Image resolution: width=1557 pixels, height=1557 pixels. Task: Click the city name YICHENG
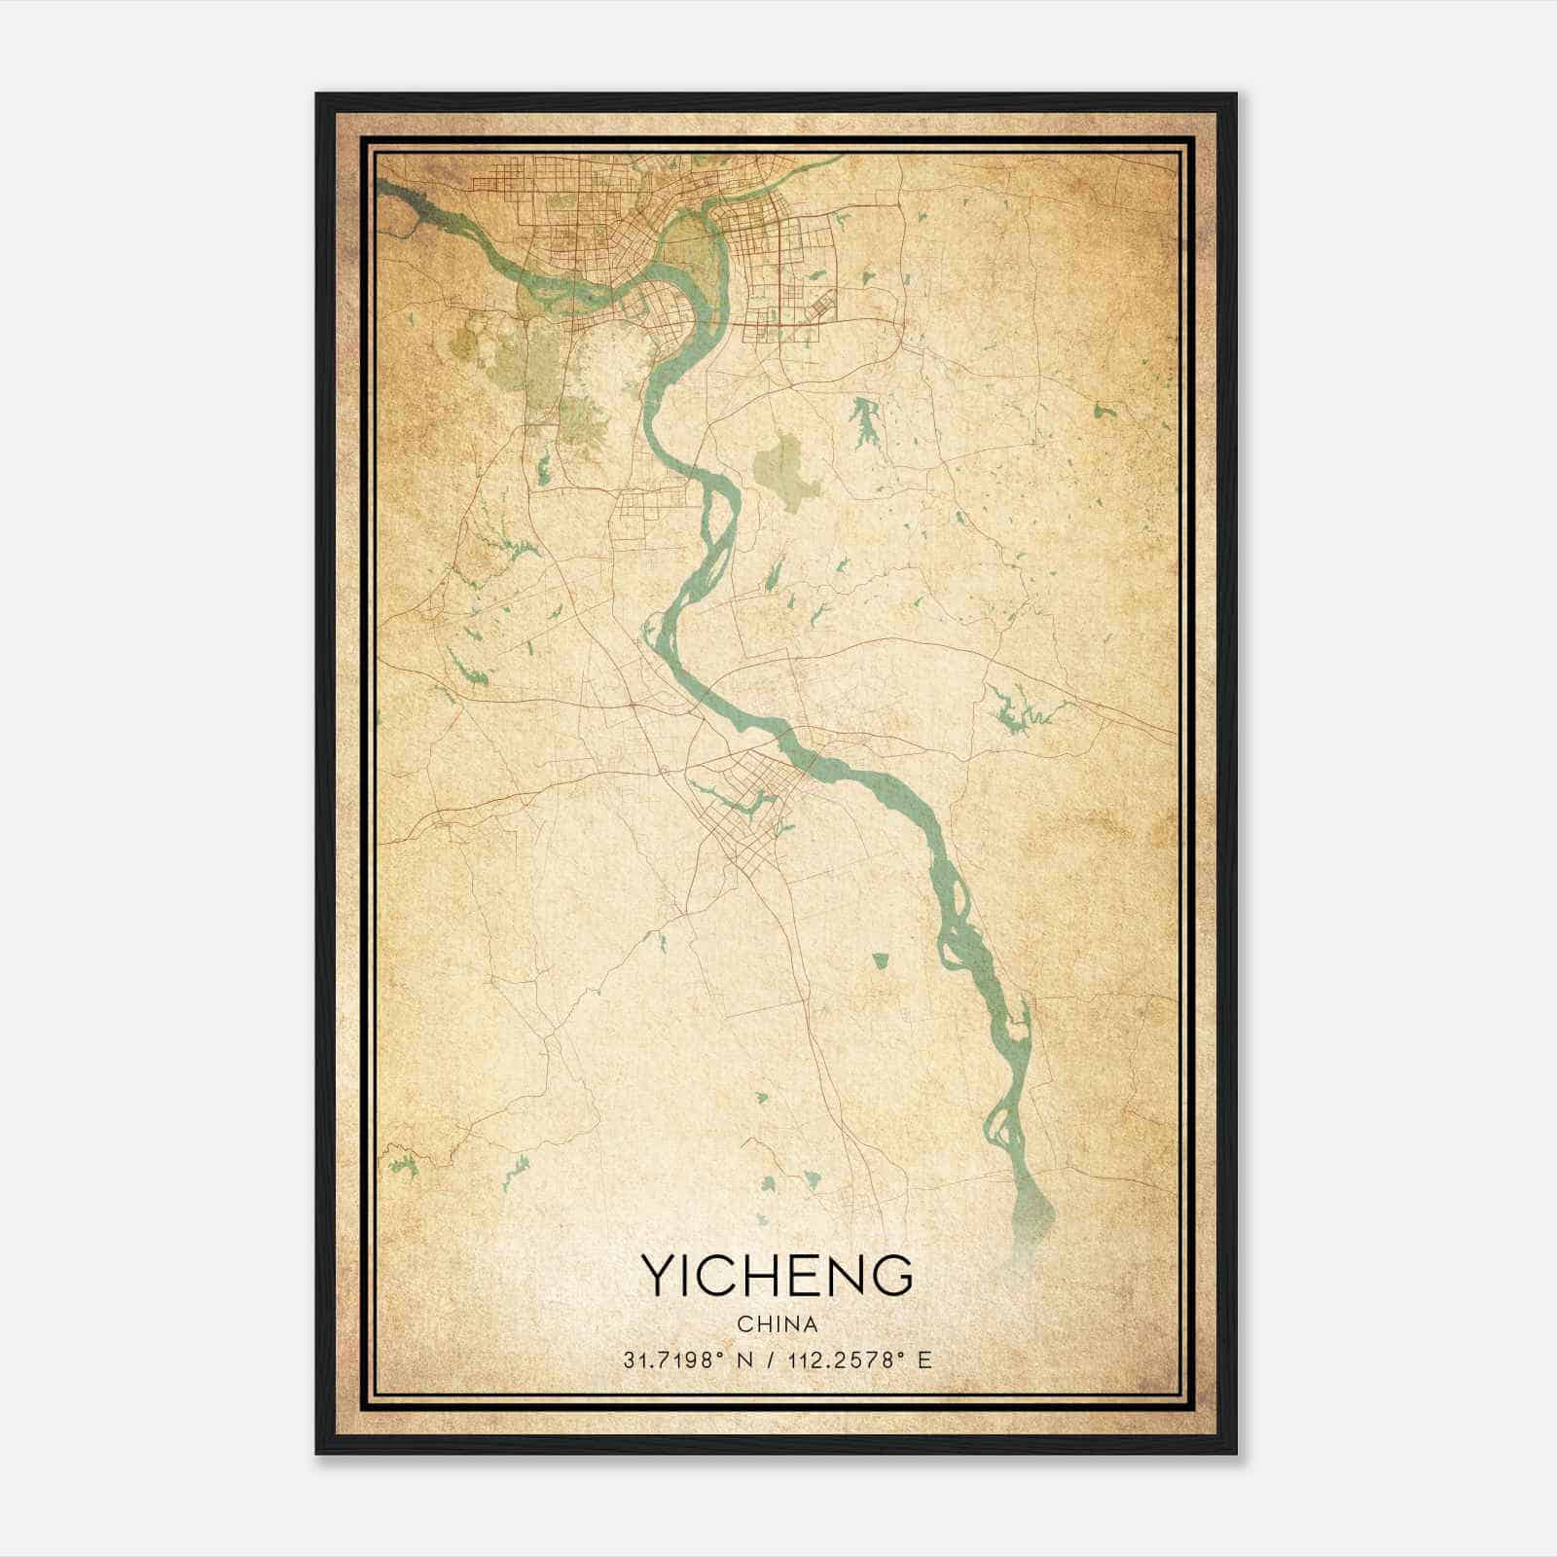click(777, 1276)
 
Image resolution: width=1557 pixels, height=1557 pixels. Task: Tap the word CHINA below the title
click(777, 1324)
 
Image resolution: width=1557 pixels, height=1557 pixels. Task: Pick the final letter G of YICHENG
click(893, 1276)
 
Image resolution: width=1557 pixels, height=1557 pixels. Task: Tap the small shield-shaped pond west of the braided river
click(881, 960)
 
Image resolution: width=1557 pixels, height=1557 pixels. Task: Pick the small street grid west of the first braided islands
click(652, 506)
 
